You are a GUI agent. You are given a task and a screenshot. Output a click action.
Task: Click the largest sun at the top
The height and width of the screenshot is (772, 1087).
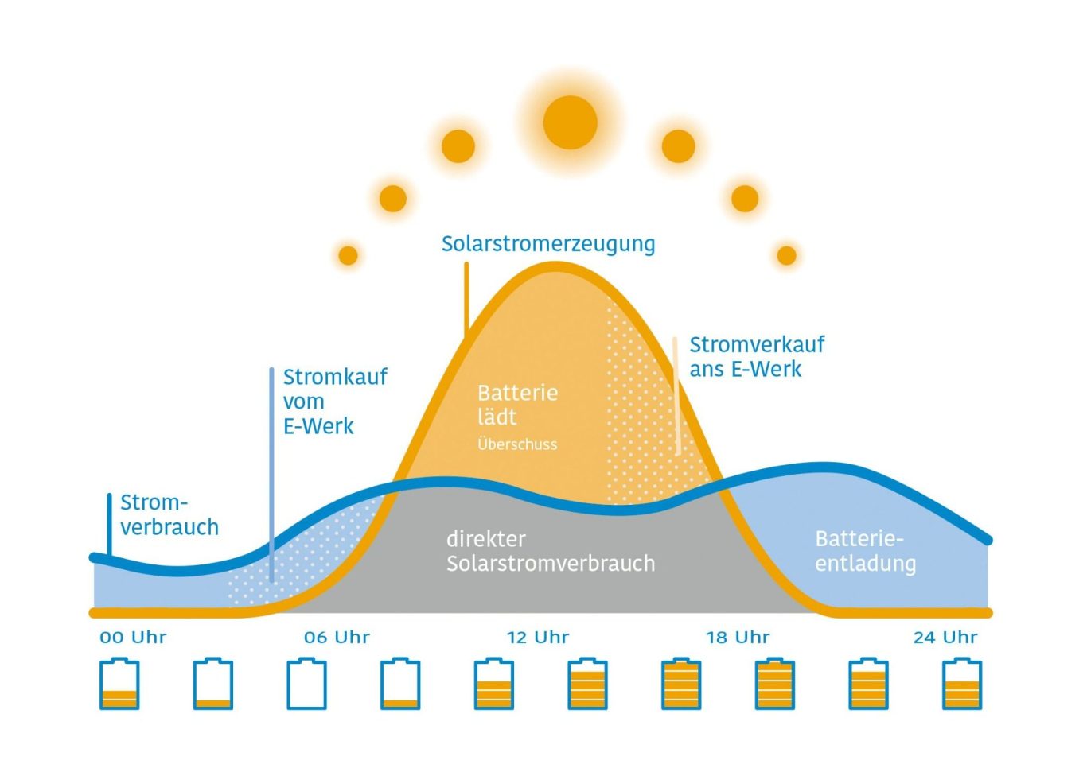[x=571, y=122]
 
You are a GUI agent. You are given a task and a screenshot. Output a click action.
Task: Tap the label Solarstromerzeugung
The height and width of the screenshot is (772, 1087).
[x=547, y=244]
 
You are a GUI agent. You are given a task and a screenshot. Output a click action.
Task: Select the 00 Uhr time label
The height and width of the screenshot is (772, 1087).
[x=133, y=637]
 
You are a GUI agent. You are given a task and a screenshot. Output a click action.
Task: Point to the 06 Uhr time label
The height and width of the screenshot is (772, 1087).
[x=337, y=637]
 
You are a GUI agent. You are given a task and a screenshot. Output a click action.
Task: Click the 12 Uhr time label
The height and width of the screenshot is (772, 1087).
[x=538, y=637]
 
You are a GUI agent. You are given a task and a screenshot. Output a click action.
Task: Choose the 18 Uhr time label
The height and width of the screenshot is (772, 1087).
[x=738, y=637]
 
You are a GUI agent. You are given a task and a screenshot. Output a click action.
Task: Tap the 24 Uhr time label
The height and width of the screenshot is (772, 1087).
[x=945, y=637]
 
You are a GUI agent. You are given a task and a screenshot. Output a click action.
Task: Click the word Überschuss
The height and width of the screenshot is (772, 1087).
[x=517, y=444]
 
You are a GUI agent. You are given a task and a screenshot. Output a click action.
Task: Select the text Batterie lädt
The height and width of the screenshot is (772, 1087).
[x=517, y=405]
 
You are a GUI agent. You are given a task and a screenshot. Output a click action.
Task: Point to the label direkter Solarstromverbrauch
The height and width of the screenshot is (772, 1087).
[x=551, y=551]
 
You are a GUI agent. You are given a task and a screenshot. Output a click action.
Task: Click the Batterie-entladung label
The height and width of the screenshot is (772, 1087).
[x=865, y=552]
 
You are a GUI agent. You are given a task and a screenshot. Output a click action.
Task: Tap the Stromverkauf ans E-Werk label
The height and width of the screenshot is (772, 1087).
[x=757, y=357]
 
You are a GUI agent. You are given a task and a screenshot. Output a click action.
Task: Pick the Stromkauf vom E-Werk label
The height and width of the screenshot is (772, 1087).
[x=335, y=402]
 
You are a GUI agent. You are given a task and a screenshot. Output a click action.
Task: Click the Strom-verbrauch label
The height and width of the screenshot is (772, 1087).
[x=169, y=515]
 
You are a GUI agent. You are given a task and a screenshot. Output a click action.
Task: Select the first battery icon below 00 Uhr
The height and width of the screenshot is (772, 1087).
[x=119, y=684]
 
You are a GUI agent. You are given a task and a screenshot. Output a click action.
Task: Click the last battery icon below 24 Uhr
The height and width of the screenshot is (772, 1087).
[x=962, y=684]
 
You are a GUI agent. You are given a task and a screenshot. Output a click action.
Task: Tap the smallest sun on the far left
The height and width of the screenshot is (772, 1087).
[x=348, y=255]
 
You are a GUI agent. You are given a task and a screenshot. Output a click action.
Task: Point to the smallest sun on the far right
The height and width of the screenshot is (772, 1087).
[x=787, y=255]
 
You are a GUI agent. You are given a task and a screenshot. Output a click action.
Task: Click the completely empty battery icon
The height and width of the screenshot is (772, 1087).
[x=306, y=684]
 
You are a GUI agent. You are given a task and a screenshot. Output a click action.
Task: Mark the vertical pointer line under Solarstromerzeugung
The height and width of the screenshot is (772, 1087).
[x=466, y=299]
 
